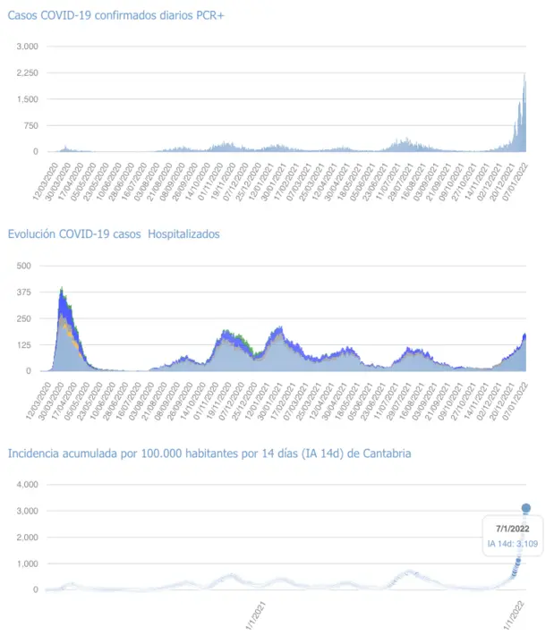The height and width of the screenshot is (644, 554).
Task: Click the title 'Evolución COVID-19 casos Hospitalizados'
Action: (114, 234)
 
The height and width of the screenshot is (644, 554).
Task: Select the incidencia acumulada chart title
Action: (209, 453)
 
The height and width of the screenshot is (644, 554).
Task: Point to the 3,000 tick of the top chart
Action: (28, 47)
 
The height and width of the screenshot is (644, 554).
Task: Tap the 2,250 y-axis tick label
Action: (28, 73)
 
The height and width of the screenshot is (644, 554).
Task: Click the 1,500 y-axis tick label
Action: (28, 99)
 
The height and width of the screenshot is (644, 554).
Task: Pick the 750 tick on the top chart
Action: (30, 126)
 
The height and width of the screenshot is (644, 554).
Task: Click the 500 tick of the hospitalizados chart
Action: (24, 266)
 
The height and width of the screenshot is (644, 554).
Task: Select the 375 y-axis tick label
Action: (24, 292)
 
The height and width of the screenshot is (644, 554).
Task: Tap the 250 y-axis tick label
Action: (24, 318)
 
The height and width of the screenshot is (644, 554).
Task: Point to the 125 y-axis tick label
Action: (24, 345)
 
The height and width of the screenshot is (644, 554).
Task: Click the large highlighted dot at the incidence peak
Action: (526, 508)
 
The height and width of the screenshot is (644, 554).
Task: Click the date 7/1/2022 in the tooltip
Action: (513, 529)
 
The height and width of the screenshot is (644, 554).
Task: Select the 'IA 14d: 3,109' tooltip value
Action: (513, 543)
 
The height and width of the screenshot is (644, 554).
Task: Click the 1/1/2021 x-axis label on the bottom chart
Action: (258, 616)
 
